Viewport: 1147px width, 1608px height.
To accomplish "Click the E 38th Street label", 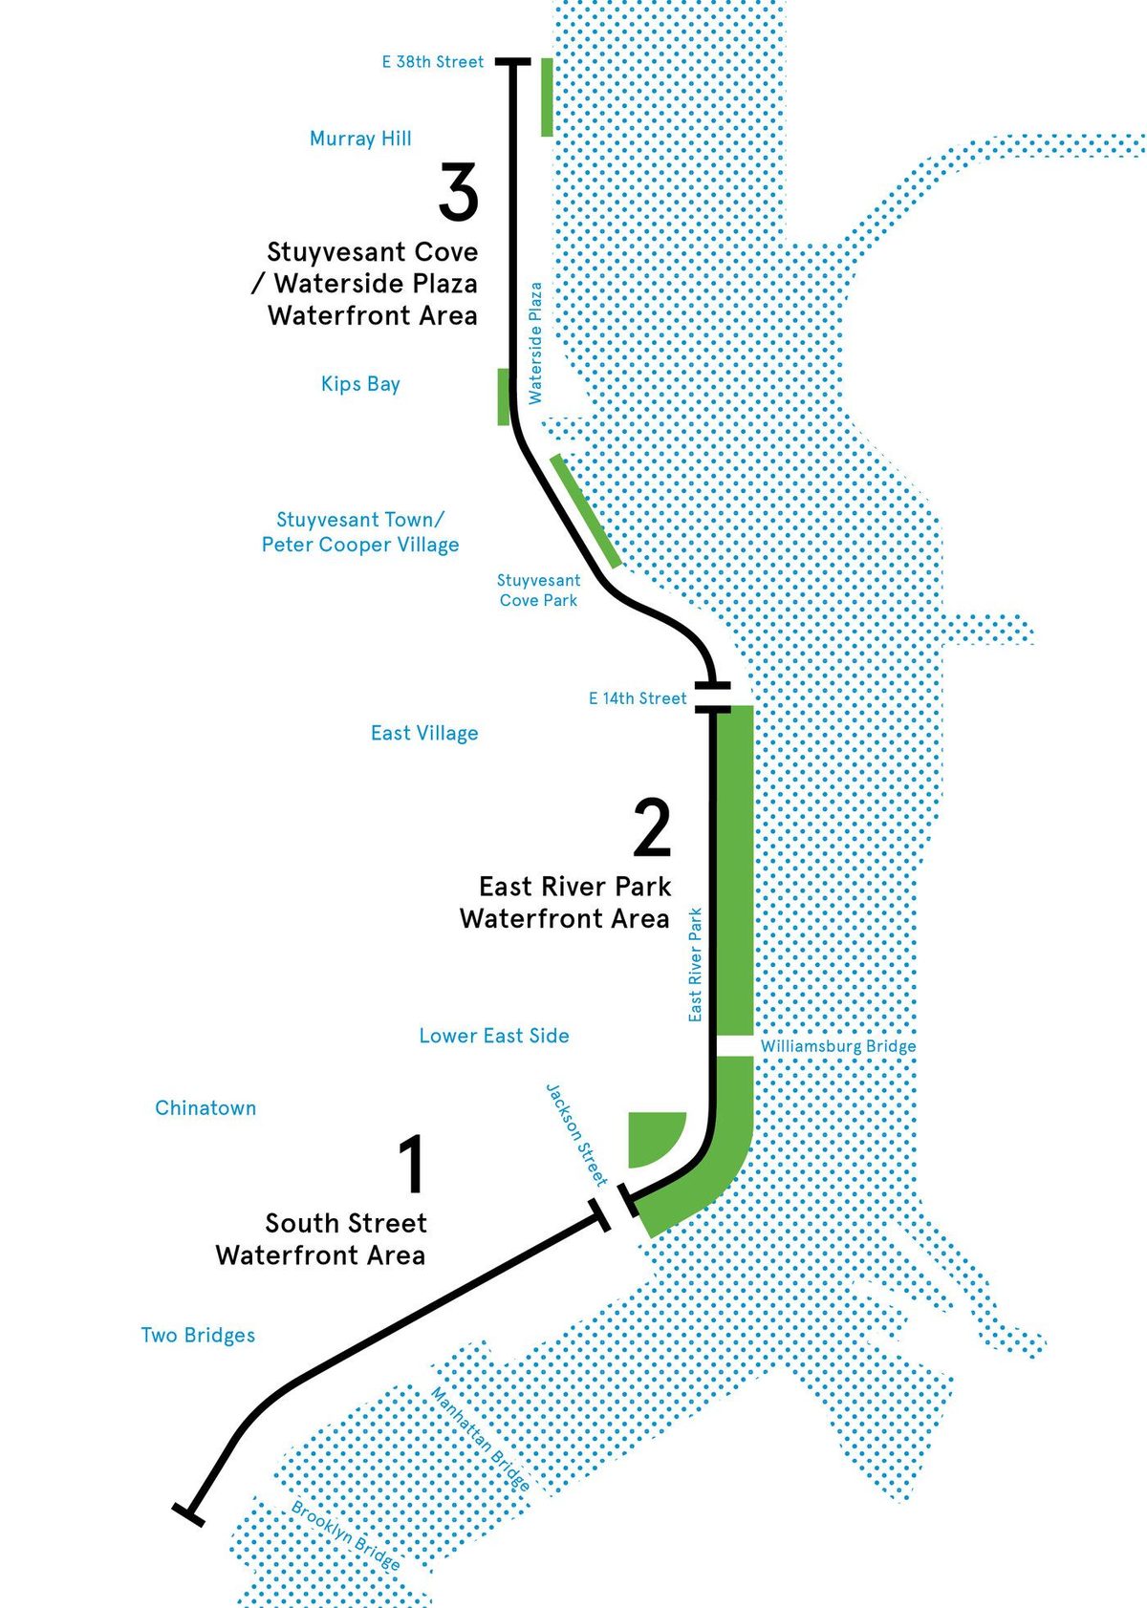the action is [432, 62].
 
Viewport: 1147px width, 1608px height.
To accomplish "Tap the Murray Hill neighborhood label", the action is [360, 139].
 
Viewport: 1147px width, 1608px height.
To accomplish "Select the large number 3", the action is [458, 192].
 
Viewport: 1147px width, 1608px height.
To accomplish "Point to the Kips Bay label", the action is [360, 384].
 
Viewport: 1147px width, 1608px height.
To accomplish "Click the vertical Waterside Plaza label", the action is [536, 342].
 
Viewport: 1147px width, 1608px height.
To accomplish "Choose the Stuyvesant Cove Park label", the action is [539, 590].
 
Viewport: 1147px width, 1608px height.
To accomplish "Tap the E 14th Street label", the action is [638, 697].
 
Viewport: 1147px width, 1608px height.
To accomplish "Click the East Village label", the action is [424, 733].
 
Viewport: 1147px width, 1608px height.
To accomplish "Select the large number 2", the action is [652, 829].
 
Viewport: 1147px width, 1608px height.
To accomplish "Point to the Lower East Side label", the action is [494, 1035].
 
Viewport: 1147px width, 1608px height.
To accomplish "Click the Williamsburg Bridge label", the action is [838, 1046].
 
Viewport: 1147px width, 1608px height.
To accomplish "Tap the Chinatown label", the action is [206, 1107].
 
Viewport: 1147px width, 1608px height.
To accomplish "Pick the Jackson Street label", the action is [577, 1134].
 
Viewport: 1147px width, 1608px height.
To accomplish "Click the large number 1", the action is [412, 1165].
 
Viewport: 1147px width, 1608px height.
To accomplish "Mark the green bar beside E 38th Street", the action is [547, 96].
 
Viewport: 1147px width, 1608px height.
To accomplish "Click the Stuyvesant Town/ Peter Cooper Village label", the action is [360, 532].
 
